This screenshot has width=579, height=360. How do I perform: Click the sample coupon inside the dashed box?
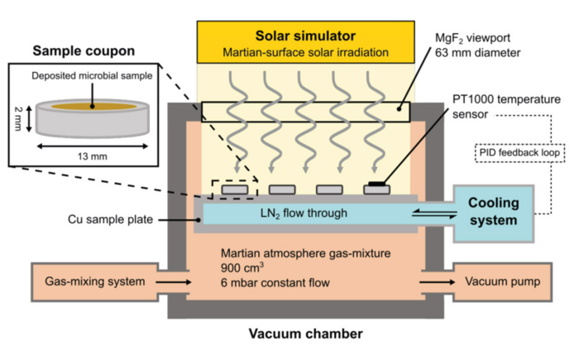coord(235,189)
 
